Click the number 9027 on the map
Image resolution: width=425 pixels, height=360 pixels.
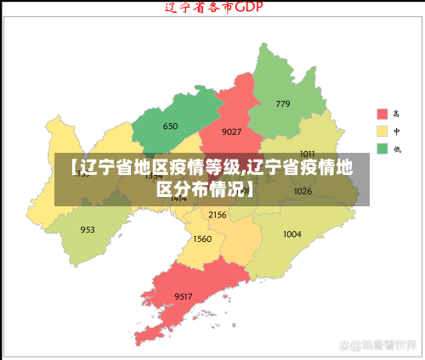(231, 132)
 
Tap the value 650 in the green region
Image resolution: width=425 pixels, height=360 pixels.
(170, 127)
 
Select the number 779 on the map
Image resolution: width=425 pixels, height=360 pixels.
(283, 104)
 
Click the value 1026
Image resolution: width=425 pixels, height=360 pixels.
(303, 192)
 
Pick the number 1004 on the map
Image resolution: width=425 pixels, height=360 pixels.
(292, 234)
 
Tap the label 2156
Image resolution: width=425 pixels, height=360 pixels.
(218, 216)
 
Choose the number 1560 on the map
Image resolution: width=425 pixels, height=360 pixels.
(202, 239)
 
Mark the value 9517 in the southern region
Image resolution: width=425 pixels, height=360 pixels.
(183, 295)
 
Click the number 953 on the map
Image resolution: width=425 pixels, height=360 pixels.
(88, 230)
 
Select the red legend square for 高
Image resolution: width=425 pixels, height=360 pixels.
(382, 114)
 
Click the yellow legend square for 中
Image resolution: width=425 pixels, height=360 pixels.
(382, 132)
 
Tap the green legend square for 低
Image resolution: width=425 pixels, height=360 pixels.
(382, 149)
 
